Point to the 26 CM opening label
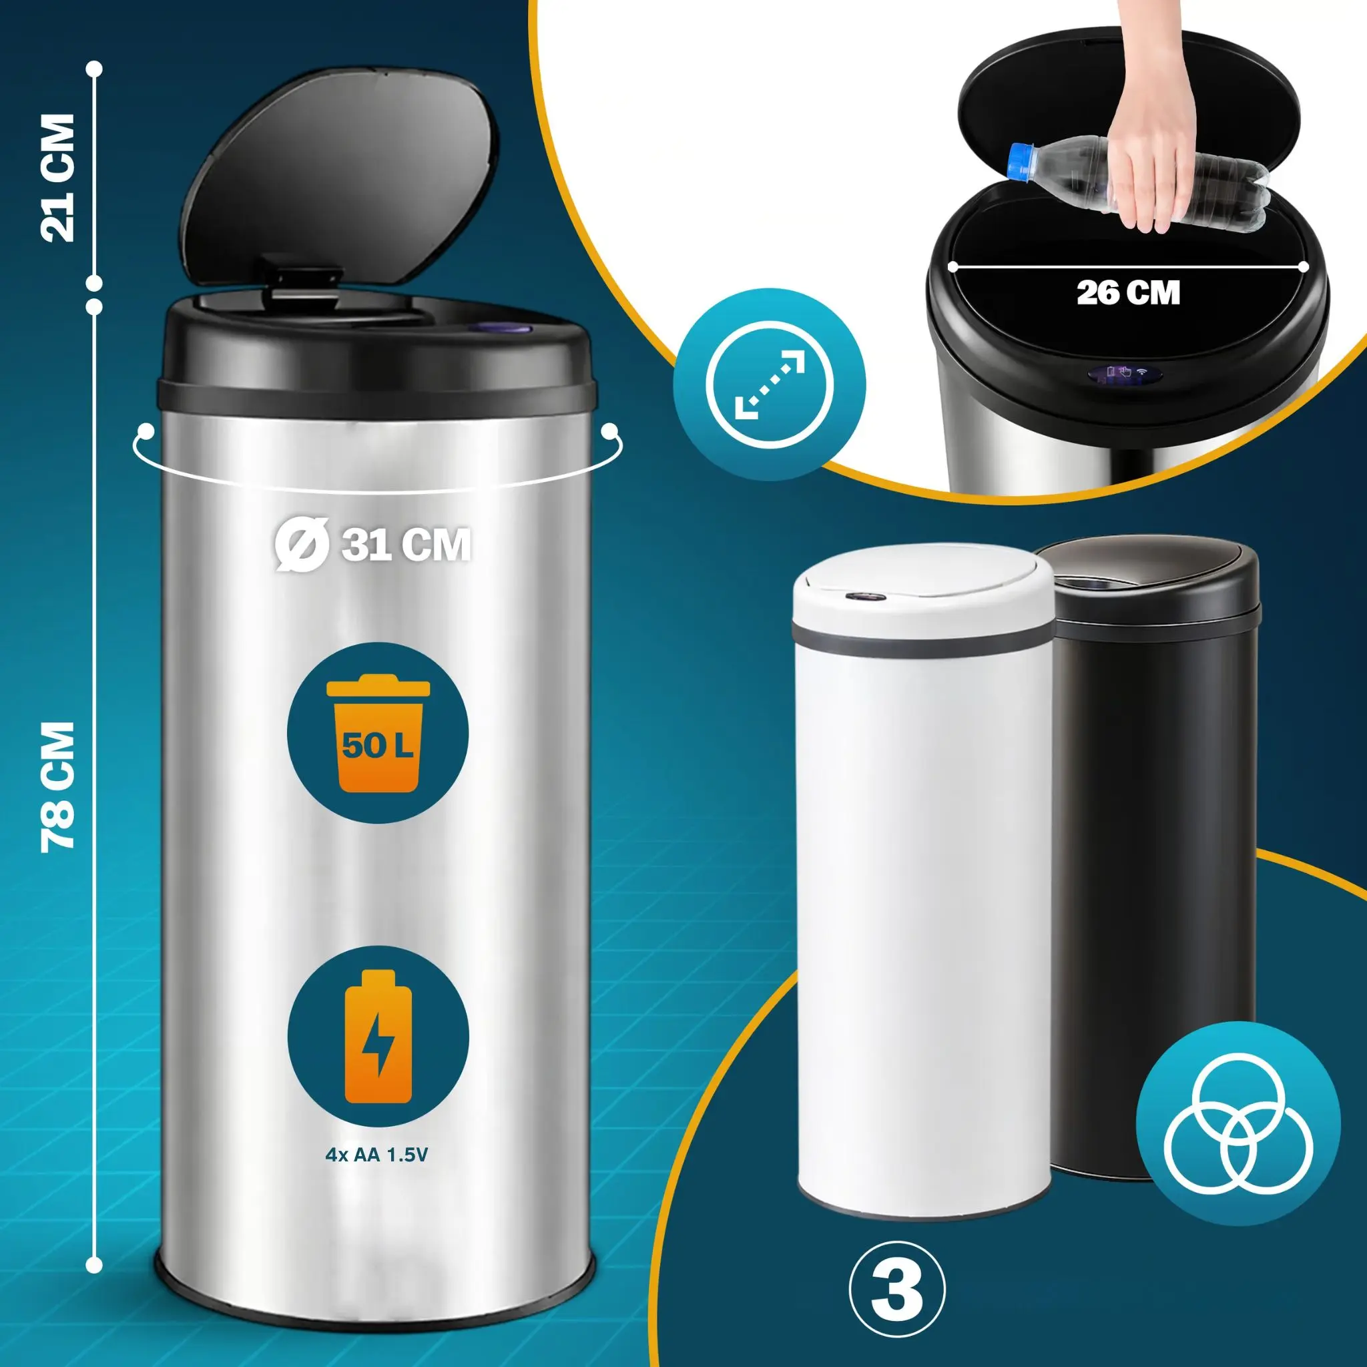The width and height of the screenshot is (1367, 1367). coord(1129,292)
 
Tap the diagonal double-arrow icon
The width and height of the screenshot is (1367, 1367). coord(770,385)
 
